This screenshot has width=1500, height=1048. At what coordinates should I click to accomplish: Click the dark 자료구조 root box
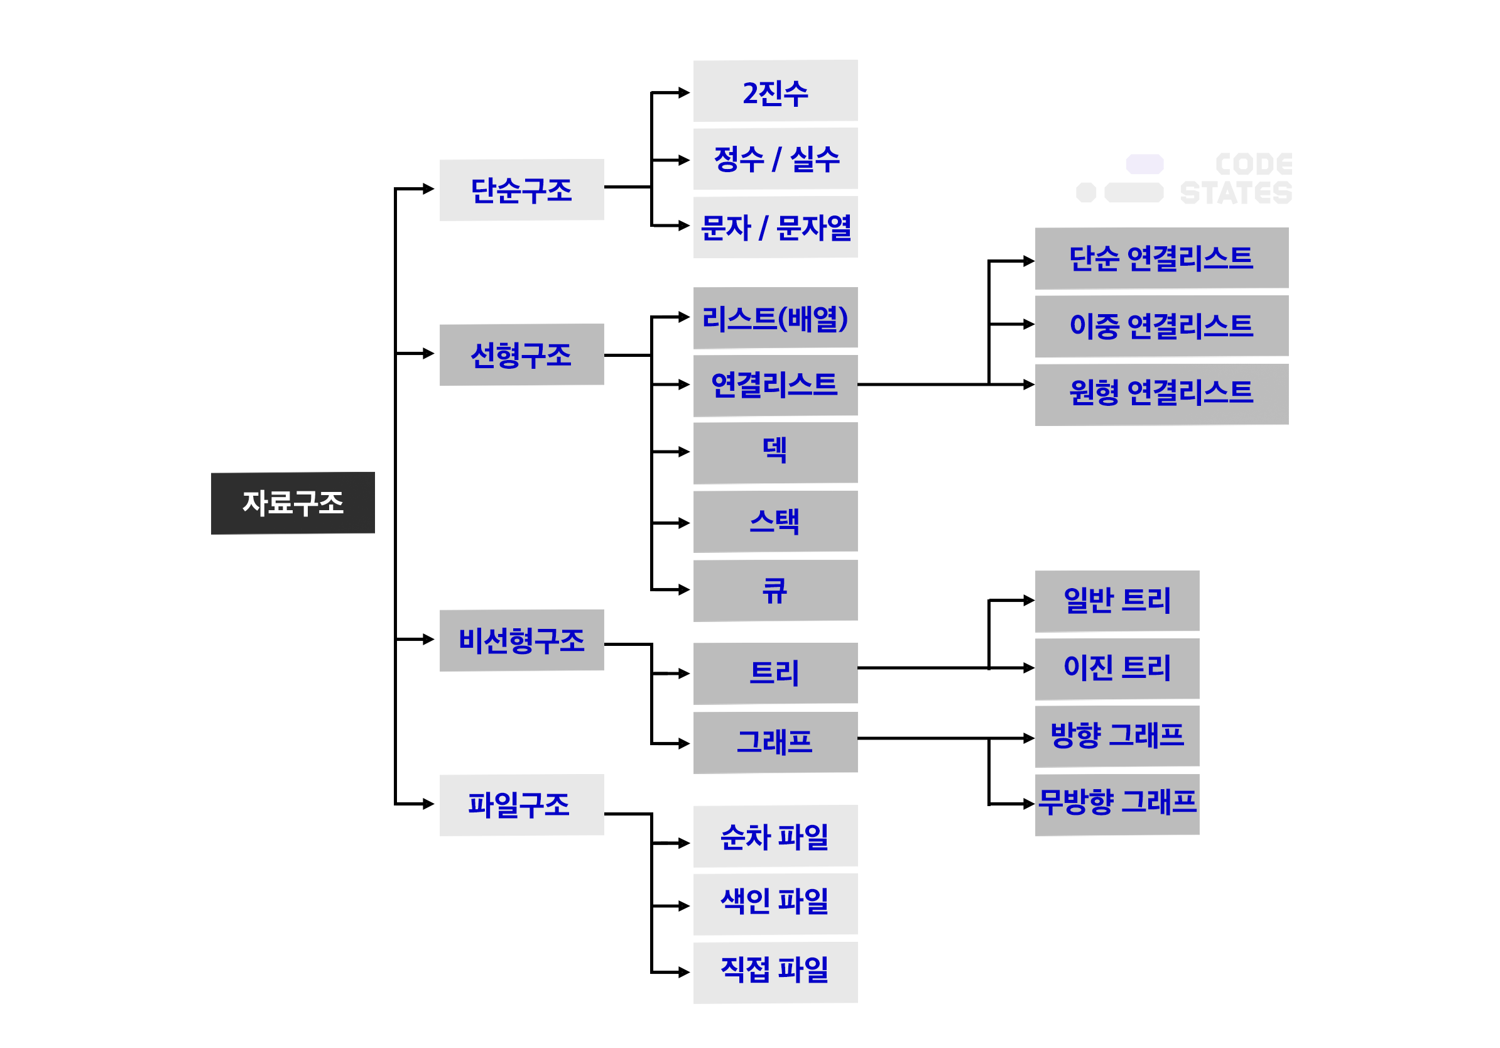pos(293,503)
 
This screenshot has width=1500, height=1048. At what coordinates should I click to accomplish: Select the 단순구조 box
pos(521,190)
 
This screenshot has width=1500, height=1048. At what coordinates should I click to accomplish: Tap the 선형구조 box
pos(521,355)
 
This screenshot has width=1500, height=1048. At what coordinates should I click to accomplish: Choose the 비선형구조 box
pos(521,640)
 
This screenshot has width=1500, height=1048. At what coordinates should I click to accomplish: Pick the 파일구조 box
pos(521,805)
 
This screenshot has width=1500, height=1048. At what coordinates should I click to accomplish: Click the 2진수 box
pos(775,91)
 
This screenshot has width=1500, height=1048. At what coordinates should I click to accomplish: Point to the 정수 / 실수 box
pos(775,159)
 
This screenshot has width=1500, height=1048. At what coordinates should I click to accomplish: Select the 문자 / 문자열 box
pos(775,227)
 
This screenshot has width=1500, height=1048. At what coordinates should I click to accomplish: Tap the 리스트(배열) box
pos(775,318)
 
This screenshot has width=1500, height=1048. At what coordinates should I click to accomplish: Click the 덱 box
pos(775,453)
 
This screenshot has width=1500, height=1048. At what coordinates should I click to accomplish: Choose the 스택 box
pos(775,521)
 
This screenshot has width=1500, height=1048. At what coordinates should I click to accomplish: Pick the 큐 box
pos(775,591)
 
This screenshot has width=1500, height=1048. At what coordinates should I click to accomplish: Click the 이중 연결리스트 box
pos(1161,326)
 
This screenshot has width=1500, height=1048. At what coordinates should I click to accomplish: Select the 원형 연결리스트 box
pos(1161,395)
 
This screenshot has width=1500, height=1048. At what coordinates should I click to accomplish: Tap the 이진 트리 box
pos(1116,669)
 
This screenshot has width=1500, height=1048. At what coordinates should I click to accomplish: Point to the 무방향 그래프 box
pos(1116,804)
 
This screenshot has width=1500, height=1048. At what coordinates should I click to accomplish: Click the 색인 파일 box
pos(775,903)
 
